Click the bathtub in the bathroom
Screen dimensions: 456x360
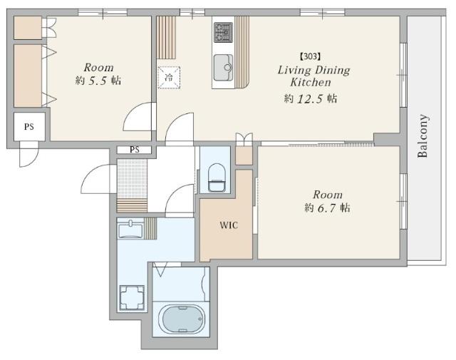(x=181, y=319)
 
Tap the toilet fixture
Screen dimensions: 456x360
(x=217, y=178)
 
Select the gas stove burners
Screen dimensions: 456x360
(x=223, y=33)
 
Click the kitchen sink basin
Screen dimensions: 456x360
(x=223, y=68)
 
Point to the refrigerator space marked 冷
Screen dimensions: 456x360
(x=169, y=78)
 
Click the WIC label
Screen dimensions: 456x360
(x=229, y=225)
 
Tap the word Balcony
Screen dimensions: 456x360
(x=423, y=136)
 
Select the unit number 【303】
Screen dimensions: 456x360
(x=311, y=56)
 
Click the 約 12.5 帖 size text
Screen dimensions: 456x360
(x=311, y=98)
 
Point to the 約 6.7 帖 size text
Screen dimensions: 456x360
(x=327, y=207)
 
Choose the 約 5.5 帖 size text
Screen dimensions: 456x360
(x=98, y=81)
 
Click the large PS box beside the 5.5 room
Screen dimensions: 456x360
(x=29, y=127)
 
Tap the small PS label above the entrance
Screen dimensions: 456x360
(x=135, y=150)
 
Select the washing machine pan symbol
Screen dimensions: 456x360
(x=132, y=297)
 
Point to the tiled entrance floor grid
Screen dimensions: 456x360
(x=132, y=179)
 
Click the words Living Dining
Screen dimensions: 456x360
(x=313, y=71)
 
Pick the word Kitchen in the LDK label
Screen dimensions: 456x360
(x=311, y=83)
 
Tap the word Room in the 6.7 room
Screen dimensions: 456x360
(x=328, y=195)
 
